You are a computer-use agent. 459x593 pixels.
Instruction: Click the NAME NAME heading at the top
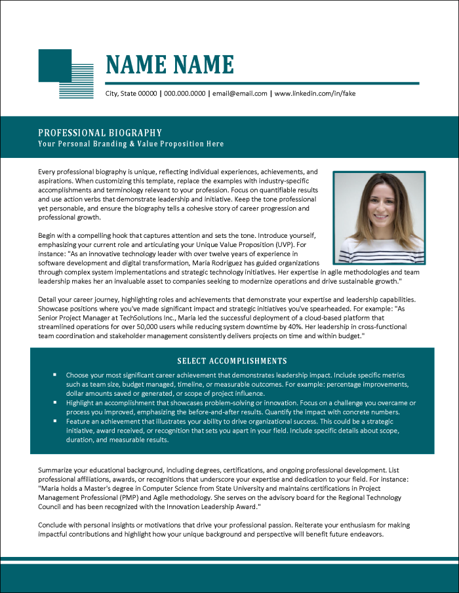tap(169, 65)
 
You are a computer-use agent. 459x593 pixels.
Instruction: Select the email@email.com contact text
tap(240, 94)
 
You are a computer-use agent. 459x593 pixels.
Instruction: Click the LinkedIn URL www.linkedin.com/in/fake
tap(315, 94)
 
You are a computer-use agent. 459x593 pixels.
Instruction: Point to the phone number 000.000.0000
tap(184, 94)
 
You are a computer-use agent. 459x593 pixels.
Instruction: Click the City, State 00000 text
tap(131, 94)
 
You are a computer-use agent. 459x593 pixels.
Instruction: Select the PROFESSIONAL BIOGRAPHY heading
tap(100, 132)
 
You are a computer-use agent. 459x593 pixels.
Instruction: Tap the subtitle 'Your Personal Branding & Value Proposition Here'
tap(130, 144)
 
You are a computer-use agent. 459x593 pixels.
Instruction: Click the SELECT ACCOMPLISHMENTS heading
tap(232, 361)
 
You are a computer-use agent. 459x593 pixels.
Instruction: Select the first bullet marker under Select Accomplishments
tap(55, 375)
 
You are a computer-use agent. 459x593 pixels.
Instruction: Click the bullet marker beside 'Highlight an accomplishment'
tap(55, 403)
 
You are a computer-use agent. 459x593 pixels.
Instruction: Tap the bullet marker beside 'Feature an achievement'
tap(55, 422)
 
